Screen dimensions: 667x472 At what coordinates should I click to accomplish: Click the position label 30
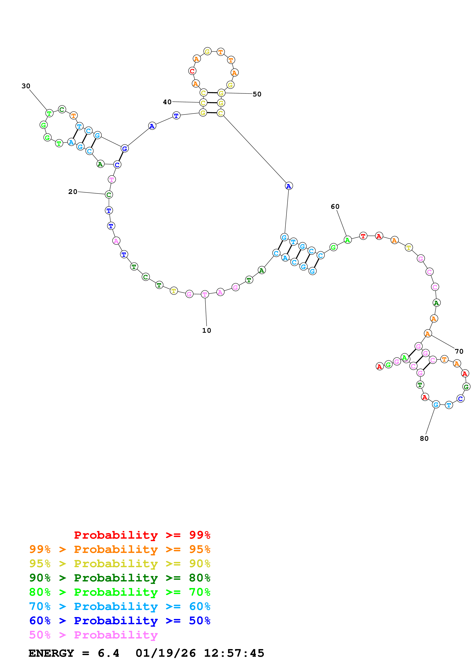(26, 86)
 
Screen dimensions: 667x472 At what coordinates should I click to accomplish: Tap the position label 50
(257, 94)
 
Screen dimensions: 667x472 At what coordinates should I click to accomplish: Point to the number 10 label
(206, 330)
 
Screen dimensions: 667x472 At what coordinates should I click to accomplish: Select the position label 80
(424, 438)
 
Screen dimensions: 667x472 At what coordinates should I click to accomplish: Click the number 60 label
(335, 206)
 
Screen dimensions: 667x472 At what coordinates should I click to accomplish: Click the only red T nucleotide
(363, 236)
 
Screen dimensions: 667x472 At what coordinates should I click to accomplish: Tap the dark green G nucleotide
(466, 387)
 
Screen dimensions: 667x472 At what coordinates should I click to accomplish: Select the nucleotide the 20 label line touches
(109, 195)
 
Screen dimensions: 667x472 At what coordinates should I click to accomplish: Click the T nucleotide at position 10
(205, 294)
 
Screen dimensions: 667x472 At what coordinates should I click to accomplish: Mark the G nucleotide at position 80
(436, 404)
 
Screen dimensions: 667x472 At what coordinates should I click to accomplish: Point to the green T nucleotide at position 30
(50, 113)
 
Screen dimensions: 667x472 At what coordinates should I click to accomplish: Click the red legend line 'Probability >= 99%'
(142, 535)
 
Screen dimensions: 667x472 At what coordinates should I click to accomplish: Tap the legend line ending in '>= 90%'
(120, 563)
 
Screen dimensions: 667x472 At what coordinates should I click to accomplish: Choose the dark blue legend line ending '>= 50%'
(120, 621)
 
